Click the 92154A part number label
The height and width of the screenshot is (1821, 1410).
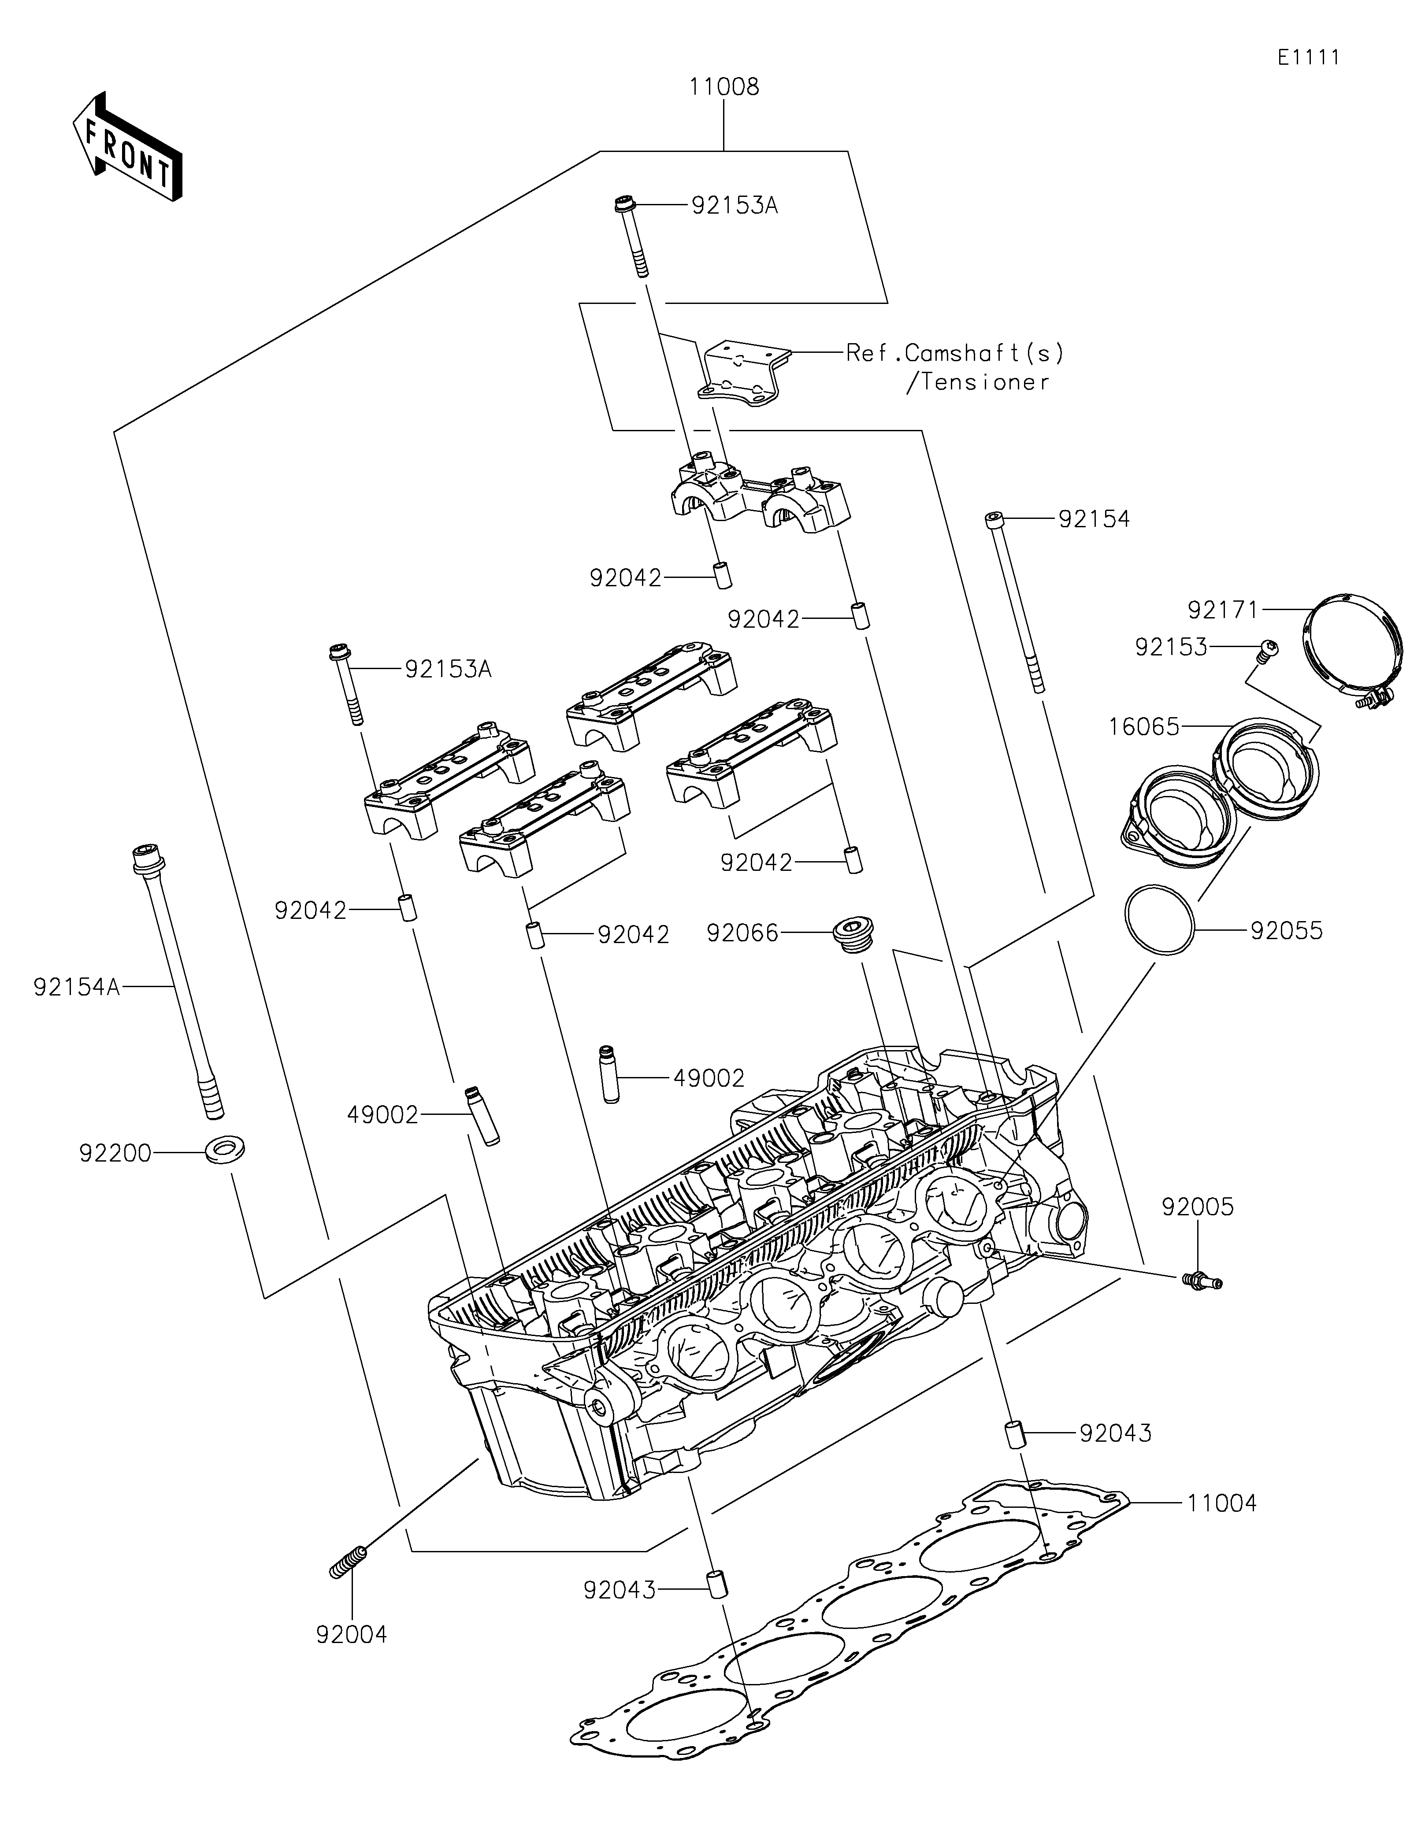click(77, 987)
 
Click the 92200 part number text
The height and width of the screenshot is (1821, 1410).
click(116, 1154)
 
